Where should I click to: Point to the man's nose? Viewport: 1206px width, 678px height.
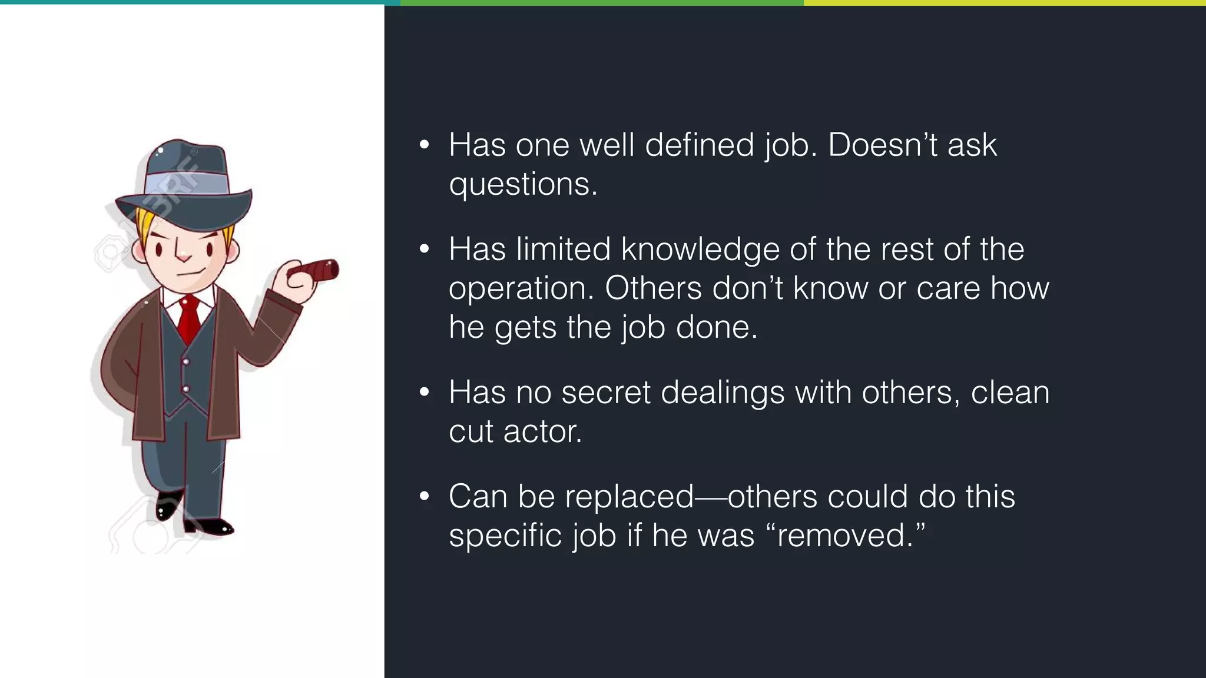[183, 255]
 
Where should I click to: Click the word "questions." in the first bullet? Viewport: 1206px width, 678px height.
[523, 184]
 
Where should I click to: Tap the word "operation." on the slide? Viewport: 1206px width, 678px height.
[521, 288]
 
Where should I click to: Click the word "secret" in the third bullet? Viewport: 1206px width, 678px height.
[606, 393]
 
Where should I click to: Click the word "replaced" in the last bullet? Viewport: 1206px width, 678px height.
[629, 496]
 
